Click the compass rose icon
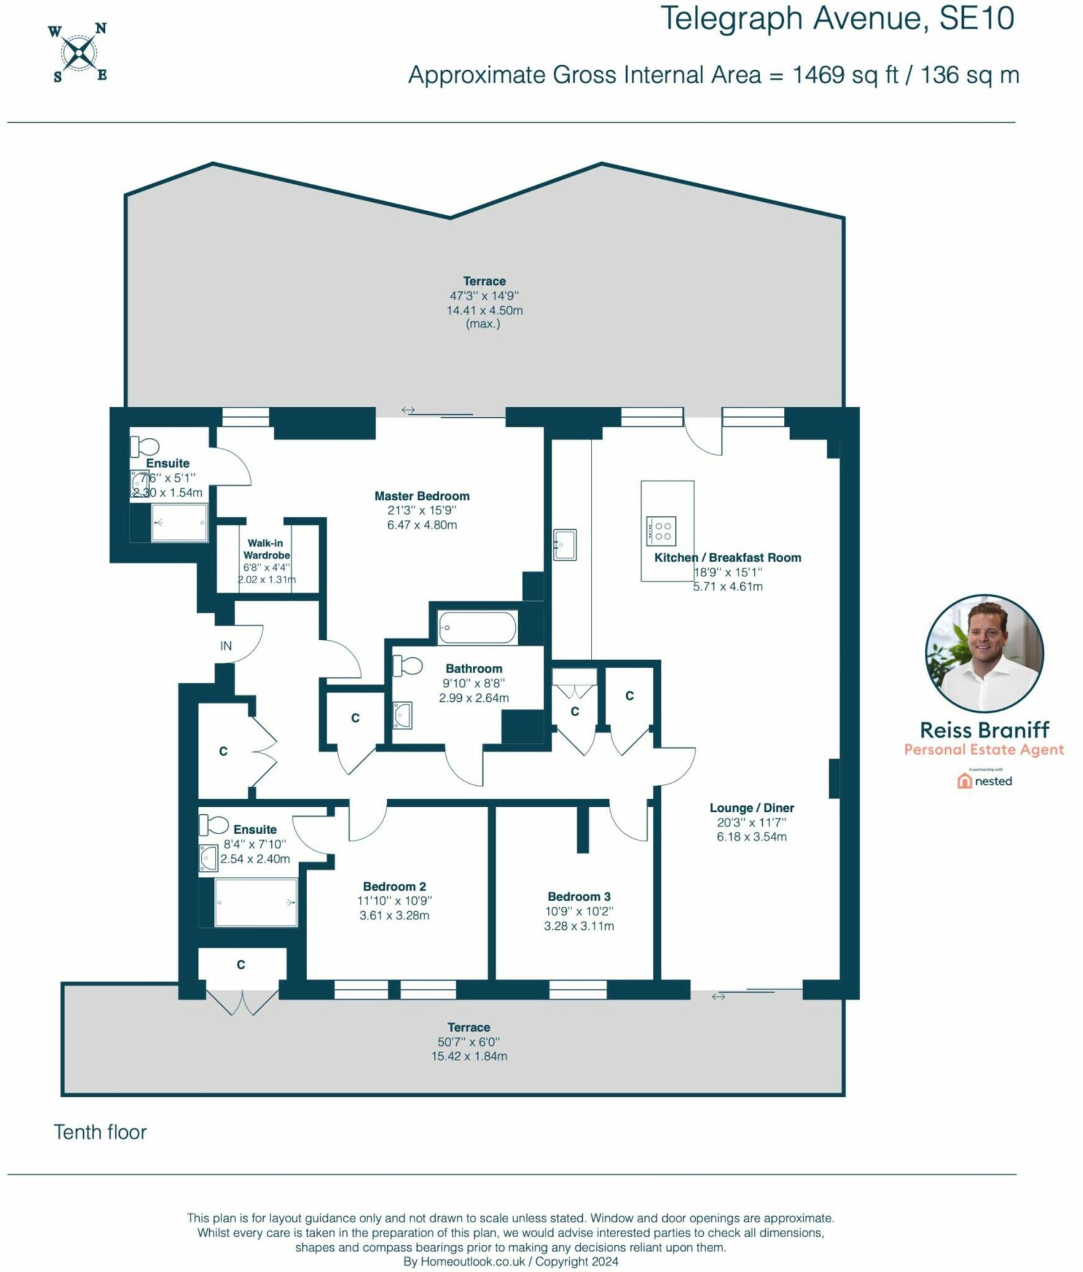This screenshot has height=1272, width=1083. point(79,53)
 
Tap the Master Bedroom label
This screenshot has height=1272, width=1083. point(421,496)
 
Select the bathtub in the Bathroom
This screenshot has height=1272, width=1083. point(476,627)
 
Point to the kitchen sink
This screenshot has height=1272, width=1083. point(565,544)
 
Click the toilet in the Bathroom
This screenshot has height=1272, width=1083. point(408,666)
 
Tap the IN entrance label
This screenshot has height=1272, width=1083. point(226,645)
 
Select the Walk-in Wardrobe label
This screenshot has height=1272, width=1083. point(266,549)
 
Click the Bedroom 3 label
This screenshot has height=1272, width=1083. point(578,896)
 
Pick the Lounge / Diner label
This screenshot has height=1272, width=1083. point(752,807)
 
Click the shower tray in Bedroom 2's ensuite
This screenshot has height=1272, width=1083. point(256,902)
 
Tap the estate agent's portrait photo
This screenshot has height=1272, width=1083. point(984,653)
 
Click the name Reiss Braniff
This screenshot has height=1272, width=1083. point(984,729)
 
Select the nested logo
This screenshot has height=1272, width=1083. point(984,781)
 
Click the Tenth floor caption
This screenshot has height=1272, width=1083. point(100,1132)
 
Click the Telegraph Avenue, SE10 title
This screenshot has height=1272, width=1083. point(837,19)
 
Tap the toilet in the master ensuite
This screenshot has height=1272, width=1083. point(145,446)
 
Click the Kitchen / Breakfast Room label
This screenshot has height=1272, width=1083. point(727,557)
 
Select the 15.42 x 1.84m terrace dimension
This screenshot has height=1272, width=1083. point(469,1056)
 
